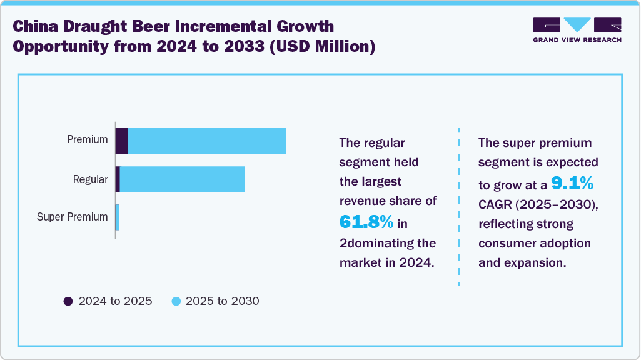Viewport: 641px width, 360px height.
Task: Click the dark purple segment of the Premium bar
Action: [122, 141]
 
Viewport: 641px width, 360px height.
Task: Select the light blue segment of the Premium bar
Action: [207, 141]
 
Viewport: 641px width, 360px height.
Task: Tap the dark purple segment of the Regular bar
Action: [118, 179]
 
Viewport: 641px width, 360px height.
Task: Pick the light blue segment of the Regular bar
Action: [182, 179]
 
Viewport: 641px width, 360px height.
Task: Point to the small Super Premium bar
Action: [118, 217]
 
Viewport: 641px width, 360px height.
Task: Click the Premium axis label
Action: [88, 140]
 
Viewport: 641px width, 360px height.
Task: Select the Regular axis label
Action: [91, 179]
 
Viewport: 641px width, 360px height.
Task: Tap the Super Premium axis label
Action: [73, 217]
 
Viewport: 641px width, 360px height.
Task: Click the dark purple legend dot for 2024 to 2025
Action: [68, 301]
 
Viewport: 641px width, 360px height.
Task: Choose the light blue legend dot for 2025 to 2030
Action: [176, 301]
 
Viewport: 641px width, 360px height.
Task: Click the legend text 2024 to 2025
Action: [115, 301]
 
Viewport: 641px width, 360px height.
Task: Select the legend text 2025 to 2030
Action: [223, 301]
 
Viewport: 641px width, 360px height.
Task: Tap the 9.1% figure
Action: [572, 183]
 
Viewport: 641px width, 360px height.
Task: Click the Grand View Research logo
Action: [577, 30]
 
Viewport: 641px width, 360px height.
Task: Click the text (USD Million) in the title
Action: [321, 47]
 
